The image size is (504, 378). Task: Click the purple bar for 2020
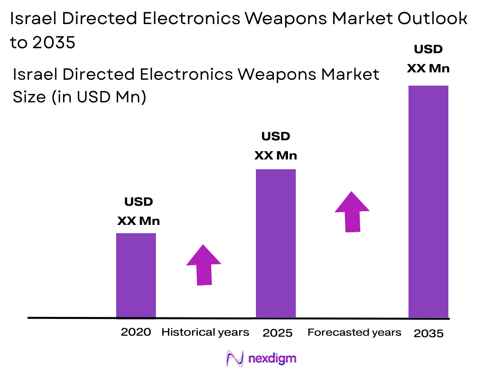136,275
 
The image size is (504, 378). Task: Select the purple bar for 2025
276,243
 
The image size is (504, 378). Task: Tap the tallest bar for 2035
428,201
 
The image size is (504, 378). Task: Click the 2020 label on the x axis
136,332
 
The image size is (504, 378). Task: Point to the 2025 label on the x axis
278,333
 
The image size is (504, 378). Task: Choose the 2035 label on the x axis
428,333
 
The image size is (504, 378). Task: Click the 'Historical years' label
205,332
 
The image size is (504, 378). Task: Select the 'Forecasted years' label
354,332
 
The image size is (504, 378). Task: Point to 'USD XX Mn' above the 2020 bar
138,212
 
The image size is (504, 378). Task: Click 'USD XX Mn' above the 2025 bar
276,146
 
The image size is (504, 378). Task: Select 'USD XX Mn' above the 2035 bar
428,59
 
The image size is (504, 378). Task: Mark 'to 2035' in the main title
43,43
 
